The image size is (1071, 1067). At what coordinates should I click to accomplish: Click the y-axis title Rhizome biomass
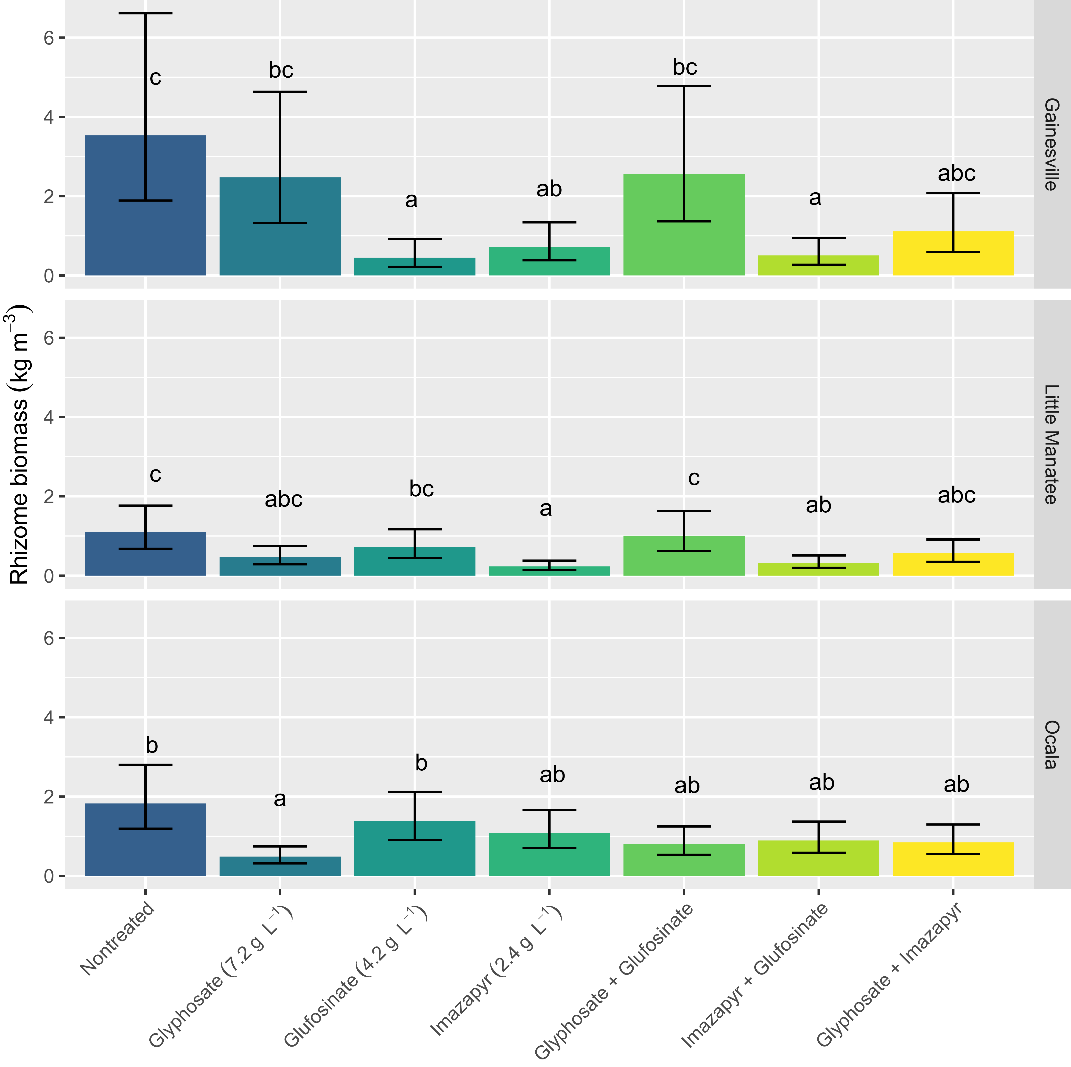[20, 444]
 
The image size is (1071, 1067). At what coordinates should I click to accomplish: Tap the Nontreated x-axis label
[117, 937]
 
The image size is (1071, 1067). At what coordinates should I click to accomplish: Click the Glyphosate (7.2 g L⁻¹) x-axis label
[222, 976]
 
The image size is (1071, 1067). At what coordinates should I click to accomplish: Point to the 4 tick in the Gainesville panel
[49, 117]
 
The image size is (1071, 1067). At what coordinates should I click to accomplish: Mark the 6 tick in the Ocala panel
[49, 638]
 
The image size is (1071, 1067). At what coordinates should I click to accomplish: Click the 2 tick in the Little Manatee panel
[49, 496]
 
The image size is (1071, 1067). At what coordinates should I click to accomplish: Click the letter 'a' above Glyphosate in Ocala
[280, 799]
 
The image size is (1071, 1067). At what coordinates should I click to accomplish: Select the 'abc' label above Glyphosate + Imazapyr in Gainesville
[956, 174]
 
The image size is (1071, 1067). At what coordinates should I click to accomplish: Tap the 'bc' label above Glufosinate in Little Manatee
[421, 489]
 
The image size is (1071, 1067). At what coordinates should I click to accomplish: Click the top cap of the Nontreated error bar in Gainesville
[145, 13]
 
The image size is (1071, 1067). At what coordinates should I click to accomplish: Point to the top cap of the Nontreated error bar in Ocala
[145, 765]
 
